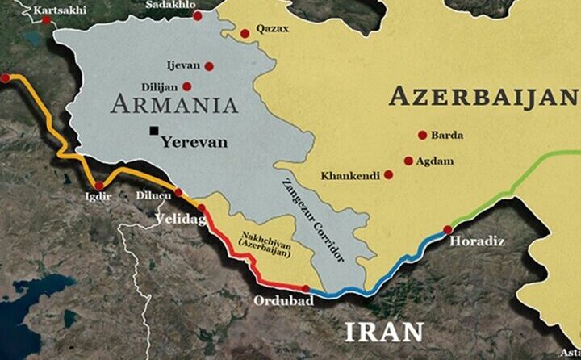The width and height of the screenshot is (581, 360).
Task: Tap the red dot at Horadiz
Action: [x=448, y=230]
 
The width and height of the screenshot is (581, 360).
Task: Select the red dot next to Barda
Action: [x=422, y=136]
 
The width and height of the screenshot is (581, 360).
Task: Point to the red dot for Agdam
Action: [x=408, y=161]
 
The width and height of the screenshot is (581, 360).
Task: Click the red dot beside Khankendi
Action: [x=388, y=174]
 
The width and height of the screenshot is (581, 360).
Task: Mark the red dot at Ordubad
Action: [x=305, y=288]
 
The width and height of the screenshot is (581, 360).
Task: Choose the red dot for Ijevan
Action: [x=209, y=66]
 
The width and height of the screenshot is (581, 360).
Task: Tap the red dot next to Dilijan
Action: [x=187, y=86]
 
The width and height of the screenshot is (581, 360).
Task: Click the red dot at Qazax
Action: [x=245, y=33]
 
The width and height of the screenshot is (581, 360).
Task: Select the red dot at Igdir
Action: [x=99, y=186]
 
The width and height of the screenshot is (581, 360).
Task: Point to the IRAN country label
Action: [x=384, y=332]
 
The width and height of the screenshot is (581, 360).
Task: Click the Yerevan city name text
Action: [x=194, y=141]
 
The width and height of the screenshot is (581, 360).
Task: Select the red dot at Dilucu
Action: [x=178, y=193]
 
